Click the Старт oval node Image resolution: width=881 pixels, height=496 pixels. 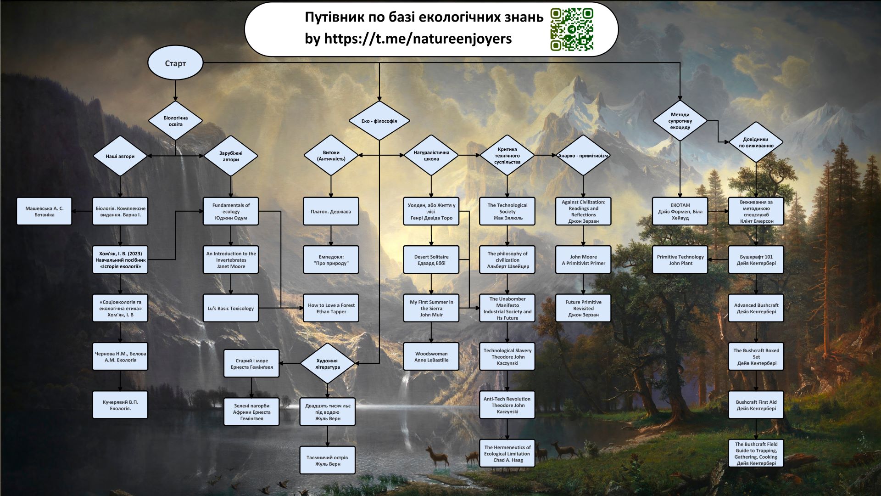175,63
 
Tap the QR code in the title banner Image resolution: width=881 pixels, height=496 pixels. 572,29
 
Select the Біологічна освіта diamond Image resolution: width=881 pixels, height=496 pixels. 175,121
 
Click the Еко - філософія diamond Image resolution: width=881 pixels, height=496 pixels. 379,121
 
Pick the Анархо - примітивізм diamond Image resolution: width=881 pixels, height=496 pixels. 583,156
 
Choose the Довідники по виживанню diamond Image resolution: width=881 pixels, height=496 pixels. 756,142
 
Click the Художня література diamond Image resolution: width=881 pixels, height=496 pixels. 327,364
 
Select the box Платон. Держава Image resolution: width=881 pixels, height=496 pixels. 330,212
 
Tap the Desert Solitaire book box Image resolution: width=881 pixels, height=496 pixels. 431,260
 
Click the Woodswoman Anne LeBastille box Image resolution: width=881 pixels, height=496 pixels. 431,357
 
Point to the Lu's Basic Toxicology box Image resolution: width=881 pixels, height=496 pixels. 230,309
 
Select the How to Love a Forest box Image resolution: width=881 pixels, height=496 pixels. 331,309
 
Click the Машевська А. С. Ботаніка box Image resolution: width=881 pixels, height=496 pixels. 44,212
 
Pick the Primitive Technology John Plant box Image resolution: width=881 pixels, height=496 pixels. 680,260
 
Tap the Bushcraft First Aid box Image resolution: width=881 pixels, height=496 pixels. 756,405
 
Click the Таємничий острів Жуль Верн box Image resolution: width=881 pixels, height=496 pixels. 327,460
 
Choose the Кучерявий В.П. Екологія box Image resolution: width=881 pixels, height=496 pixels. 120,405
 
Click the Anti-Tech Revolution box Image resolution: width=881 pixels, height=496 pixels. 507,405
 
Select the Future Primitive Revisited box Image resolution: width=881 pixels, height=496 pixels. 583,309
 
